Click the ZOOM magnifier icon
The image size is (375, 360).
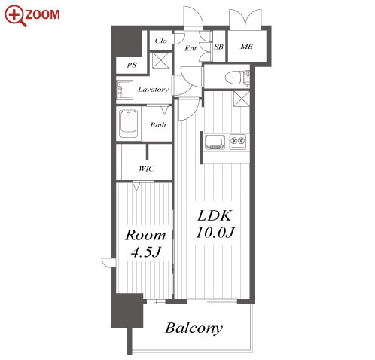tap(16, 16)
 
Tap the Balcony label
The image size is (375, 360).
tap(194, 328)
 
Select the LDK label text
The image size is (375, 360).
tap(214, 215)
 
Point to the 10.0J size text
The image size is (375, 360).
tap(215, 233)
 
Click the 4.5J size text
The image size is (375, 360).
tap(145, 252)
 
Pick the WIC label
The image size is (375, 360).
tap(146, 169)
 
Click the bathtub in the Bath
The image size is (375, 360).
tap(128, 124)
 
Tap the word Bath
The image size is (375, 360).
tap(158, 125)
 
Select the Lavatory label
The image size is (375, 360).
tap(153, 90)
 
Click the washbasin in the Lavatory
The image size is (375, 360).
tap(125, 90)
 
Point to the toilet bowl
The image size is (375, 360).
tap(234, 77)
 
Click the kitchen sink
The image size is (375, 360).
tap(215, 142)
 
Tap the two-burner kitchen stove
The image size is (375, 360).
tap(237, 142)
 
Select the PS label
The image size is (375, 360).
tap(132, 65)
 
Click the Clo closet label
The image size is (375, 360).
tap(160, 41)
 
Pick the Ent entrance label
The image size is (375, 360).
tap(191, 48)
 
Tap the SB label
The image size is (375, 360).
tap(218, 47)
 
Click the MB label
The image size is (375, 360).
tap(246, 47)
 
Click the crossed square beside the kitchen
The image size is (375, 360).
tap(242, 99)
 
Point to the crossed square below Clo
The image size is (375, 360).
tap(161, 60)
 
